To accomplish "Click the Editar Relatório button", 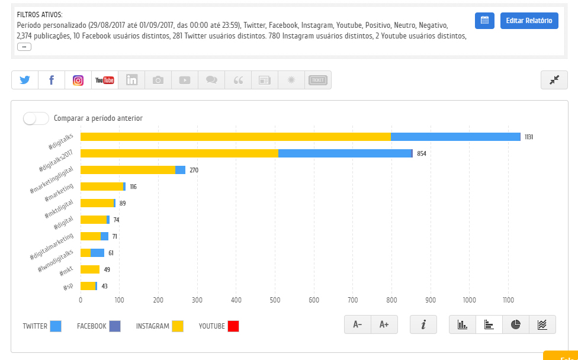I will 529,21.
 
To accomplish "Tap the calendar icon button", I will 484,21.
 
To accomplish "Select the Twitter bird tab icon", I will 24,80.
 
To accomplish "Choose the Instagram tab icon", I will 78,80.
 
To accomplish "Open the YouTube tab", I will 105,80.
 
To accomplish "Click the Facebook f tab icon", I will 52,80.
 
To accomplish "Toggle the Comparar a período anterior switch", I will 36,118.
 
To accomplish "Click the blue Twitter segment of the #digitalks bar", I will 455,137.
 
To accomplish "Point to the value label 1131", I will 529,137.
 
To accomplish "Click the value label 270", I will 194,170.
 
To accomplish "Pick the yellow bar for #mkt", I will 90,269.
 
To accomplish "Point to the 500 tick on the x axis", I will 275,300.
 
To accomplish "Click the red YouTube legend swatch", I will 233,326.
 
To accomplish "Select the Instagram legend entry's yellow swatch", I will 178,326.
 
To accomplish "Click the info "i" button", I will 423,324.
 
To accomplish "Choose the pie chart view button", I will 516,324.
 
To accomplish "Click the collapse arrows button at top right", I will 554,80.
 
